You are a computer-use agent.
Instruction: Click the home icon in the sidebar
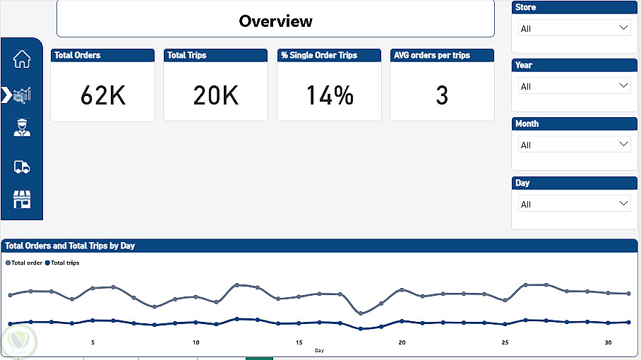pyautogui.click(x=22, y=59)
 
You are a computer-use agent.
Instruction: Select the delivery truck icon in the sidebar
pyautogui.click(x=22, y=167)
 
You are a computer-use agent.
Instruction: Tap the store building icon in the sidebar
pyautogui.click(x=22, y=199)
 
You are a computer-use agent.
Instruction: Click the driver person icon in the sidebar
pyautogui.click(x=22, y=128)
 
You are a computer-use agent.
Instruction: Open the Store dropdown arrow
pyautogui.click(x=623, y=28)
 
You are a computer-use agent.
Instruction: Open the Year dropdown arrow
pyautogui.click(x=623, y=85)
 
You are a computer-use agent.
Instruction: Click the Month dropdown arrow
pyautogui.click(x=623, y=144)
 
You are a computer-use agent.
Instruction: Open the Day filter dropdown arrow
pyautogui.click(x=623, y=203)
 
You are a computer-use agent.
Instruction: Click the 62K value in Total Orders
pyautogui.click(x=103, y=95)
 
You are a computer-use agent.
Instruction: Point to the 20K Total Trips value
pyautogui.click(x=215, y=95)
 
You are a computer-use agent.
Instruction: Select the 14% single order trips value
pyautogui.click(x=330, y=95)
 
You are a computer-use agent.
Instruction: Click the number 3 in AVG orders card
pyautogui.click(x=442, y=95)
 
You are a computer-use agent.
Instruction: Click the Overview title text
pyautogui.click(x=275, y=21)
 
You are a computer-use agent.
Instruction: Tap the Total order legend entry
pyautogui.click(x=24, y=263)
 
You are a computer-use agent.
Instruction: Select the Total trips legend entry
pyautogui.click(x=62, y=263)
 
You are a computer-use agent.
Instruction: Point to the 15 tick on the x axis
pyautogui.click(x=299, y=342)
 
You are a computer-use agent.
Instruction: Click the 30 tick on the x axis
pyautogui.click(x=609, y=342)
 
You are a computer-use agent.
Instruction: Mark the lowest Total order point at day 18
pyautogui.click(x=361, y=313)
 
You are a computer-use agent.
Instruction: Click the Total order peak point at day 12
pyautogui.click(x=237, y=284)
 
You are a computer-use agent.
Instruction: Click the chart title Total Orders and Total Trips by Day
pyautogui.click(x=70, y=246)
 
